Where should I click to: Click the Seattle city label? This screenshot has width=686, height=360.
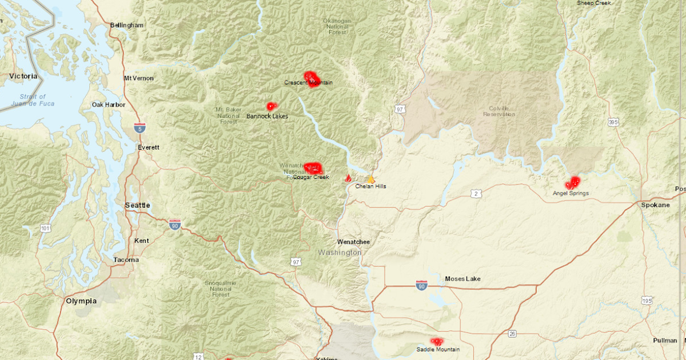tap(137, 205)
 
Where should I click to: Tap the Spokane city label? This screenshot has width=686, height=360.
tap(655, 205)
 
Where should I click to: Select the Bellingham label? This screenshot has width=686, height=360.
tap(126, 25)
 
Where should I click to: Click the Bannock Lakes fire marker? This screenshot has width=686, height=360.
tap(270, 106)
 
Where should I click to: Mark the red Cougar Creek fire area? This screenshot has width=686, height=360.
tap(313, 168)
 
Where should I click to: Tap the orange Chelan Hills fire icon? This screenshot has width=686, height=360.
tap(370, 179)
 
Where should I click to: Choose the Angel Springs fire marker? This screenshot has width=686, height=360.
tap(572, 183)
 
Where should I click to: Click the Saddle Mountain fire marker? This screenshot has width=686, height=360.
tap(437, 341)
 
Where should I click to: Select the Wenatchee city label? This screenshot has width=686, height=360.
tap(353, 242)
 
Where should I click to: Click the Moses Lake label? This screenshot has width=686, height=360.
tap(462, 279)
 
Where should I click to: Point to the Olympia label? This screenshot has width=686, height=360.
tap(81, 301)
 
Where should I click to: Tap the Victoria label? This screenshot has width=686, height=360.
tap(23, 76)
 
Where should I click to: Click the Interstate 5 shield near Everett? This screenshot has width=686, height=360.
tap(140, 127)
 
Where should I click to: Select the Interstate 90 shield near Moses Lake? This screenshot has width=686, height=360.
tap(421, 284)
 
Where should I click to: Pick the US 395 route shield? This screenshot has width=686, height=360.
tap(613, 122)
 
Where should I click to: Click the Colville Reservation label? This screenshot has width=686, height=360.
tap(502, 111)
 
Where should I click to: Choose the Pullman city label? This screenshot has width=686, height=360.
tap(665, 341)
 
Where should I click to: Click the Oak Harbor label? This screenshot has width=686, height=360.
tap(109, 105)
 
